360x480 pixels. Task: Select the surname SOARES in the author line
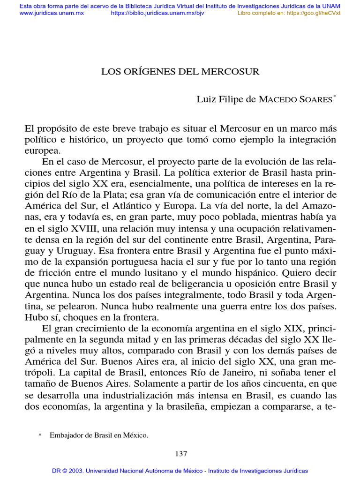pos(315,99)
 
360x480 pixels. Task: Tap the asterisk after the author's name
pos(335,97)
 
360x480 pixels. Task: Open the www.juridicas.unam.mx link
pos(52,13)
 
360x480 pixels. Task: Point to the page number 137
pos(180,454)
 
